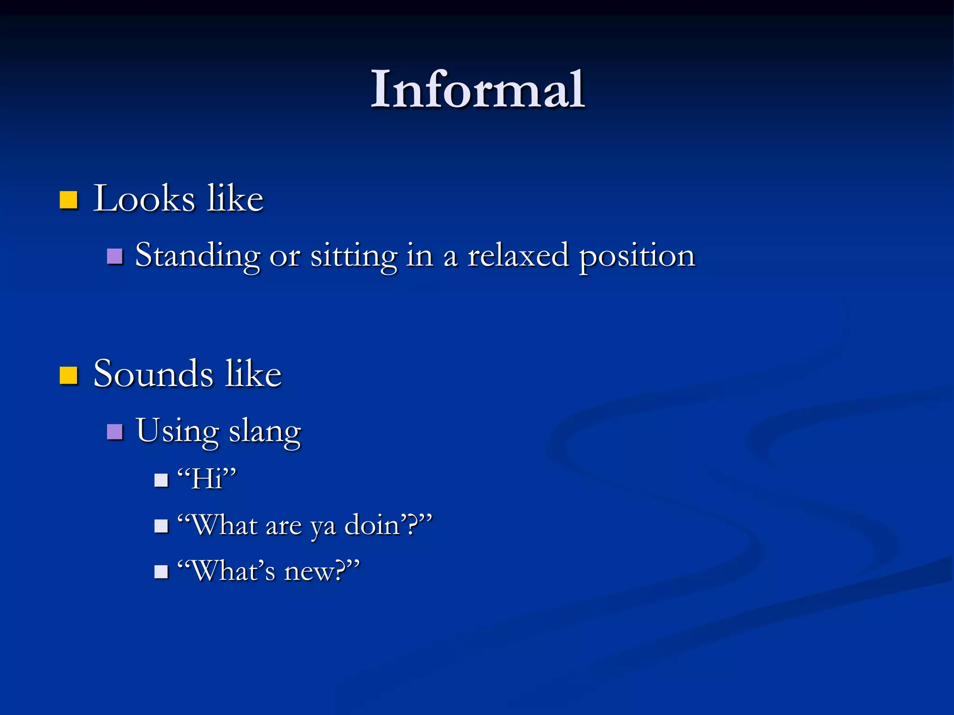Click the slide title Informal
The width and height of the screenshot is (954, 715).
pyautogui.click(x=477, y=89)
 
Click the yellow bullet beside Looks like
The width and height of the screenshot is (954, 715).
pyautogui.click(x=68, y=200)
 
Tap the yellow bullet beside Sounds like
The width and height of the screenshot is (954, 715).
pyautogui.click(x=68, y=375)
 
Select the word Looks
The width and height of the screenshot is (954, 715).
pyautogui.click(x=143, y=199)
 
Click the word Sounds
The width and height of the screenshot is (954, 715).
pyautogui.click(x=153, y=374)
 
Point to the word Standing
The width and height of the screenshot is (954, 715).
pyautogui.click(x=198, y=256)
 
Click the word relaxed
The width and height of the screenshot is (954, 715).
pyautogui.click(x=518, y=255)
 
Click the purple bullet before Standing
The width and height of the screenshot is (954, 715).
pyautogui.click(x=115, y=256)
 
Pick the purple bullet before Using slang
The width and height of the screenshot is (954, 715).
pyautogui.click(x=115, y=432)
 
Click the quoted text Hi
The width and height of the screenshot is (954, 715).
pyautogui.click(x=207, y=478)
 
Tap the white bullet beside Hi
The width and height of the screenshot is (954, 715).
pyautogui.click(x=161, y=480)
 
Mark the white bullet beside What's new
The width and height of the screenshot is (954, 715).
pyautogui.click(x=161, y=572)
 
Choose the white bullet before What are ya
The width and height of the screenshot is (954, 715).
pyautogui.click(x=161, y=526)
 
